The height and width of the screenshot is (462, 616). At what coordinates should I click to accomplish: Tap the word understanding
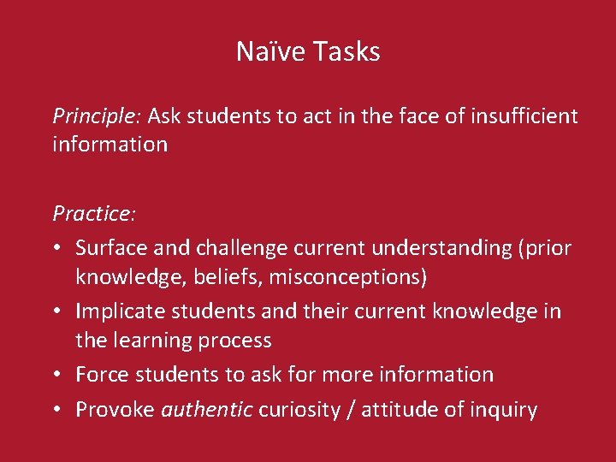[x=440, y=248]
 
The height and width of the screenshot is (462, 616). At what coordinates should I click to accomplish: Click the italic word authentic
[x=207, y=410]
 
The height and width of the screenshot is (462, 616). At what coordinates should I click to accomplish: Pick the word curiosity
[x=297, y=410]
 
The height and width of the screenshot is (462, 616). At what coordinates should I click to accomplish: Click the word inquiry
[x=506, y=410]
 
